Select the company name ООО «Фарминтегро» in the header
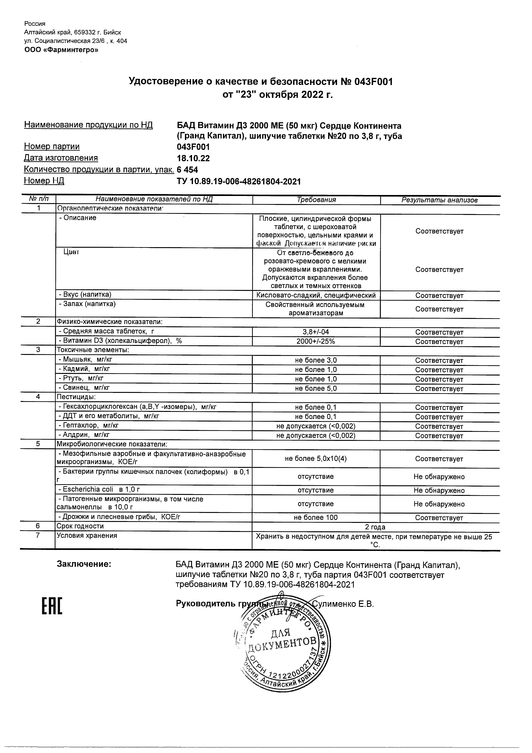point(61,50)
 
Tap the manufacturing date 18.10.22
point(193,158)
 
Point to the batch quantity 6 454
point(187,170)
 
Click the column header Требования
point(316,200)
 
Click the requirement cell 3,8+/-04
point(316,332)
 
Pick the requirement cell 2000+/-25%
point(316,341)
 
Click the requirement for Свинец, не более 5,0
point(316,388)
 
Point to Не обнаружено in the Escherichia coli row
point(439,490)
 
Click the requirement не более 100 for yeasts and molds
point(316,517)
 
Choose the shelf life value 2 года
point(375,527)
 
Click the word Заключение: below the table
point(84,564)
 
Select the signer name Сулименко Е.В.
point(343,604)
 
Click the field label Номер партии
point(52,147)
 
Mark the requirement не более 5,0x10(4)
point(316,459)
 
